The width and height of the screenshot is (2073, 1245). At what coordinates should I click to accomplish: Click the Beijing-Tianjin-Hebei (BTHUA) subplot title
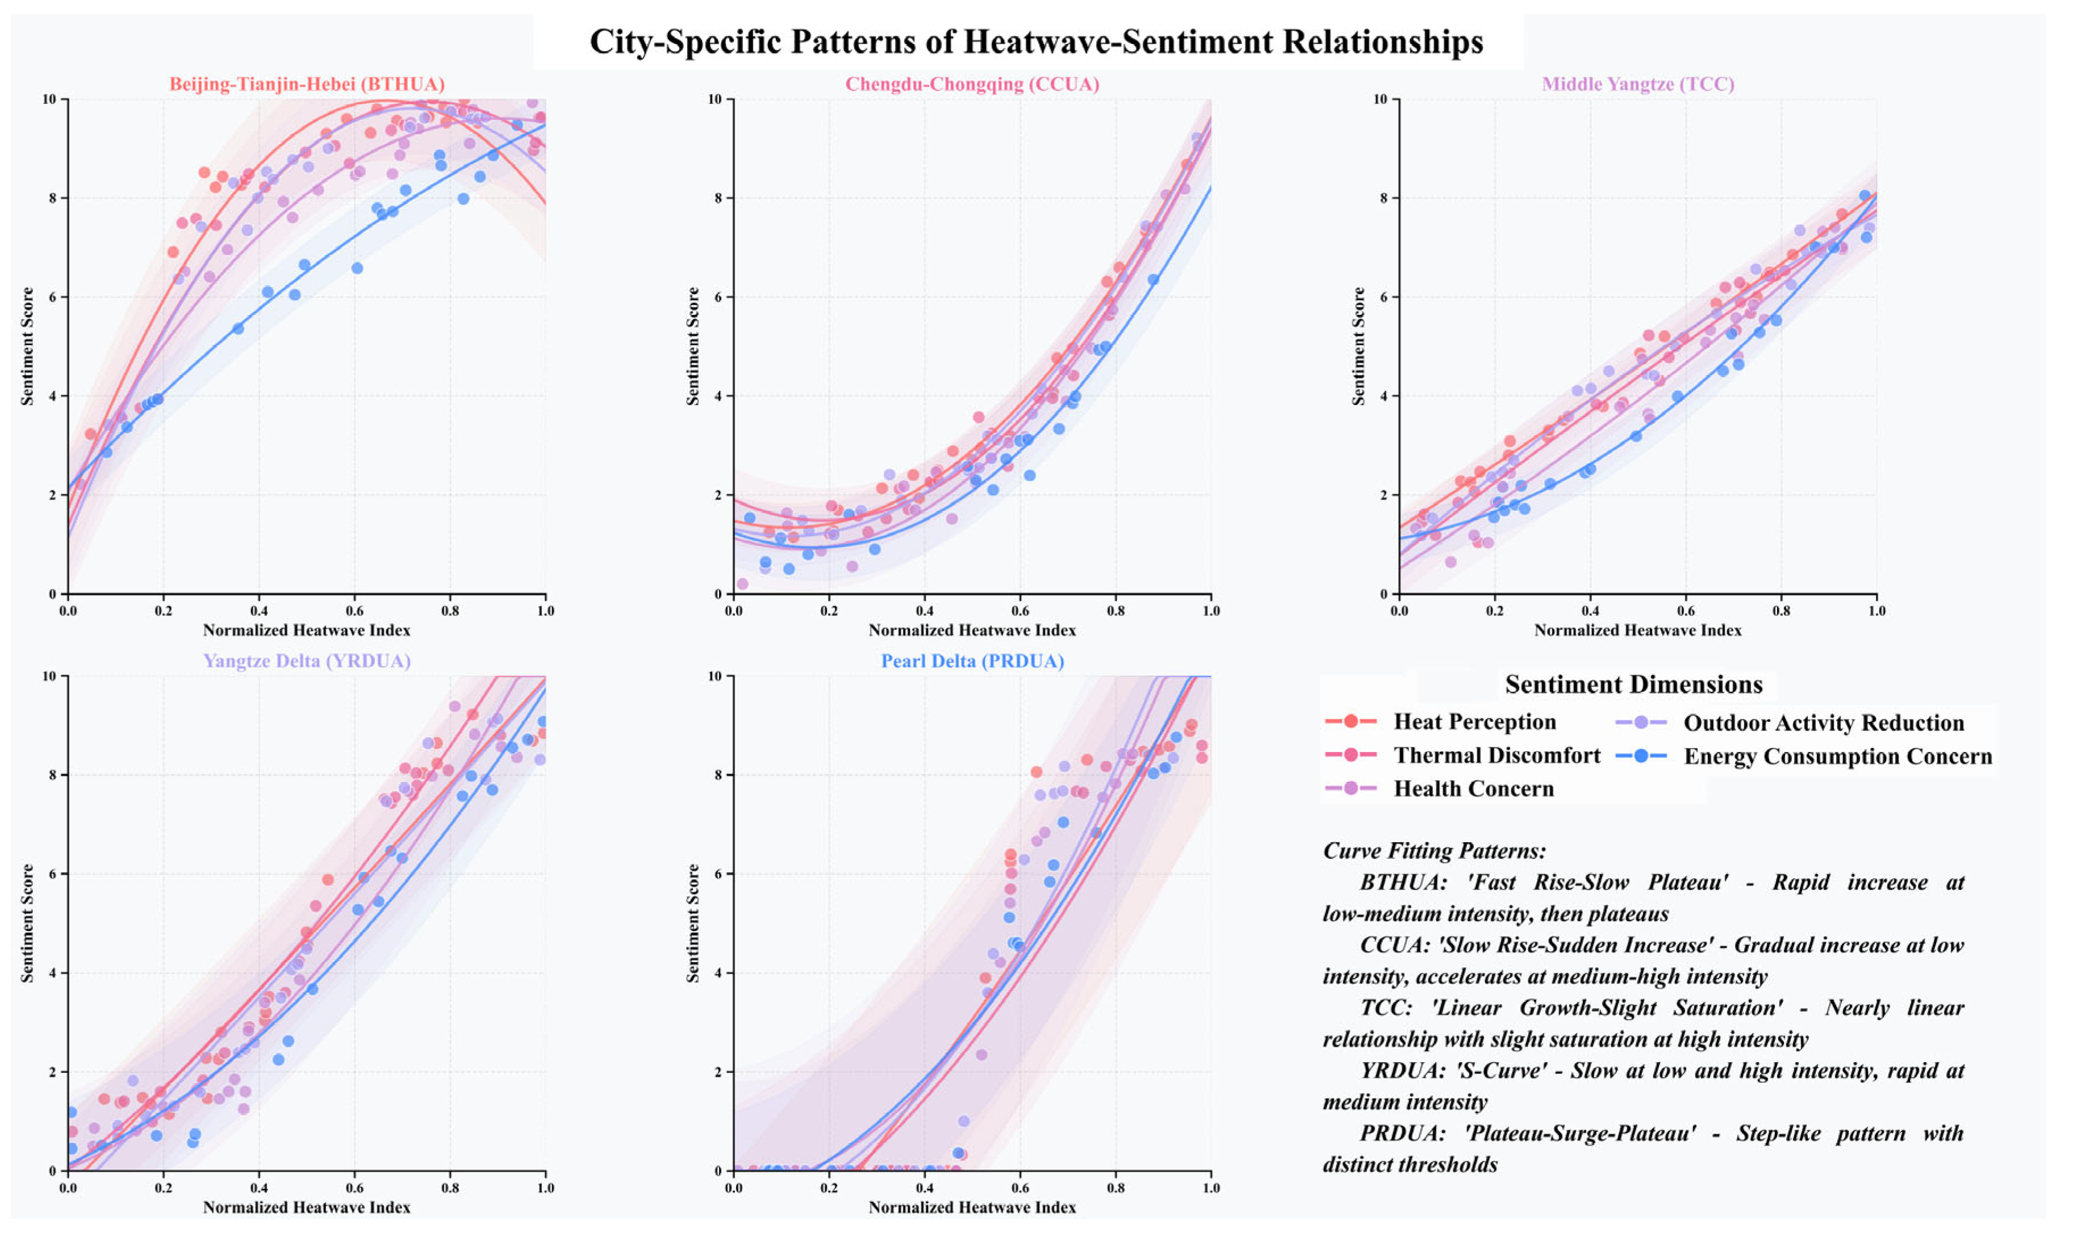[307, 84]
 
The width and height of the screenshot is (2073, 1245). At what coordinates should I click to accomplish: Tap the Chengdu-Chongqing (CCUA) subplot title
[972, 84]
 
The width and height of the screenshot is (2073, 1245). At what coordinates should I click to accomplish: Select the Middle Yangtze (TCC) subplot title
[1637, 84]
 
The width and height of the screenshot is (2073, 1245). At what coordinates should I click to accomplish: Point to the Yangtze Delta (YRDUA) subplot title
[307, 661]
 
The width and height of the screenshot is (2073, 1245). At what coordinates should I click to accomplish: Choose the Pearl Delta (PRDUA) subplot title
[972, 661]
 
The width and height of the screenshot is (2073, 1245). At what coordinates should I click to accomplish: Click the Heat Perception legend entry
[1473, 722]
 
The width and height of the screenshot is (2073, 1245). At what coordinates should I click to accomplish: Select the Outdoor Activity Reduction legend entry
[1823, 723]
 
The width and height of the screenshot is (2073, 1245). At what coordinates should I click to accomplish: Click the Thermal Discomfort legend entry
[1496, 756]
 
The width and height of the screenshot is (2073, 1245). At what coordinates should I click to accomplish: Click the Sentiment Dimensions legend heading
[1633, 684]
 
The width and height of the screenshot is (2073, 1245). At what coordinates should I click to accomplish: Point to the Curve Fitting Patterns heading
[1433, 851]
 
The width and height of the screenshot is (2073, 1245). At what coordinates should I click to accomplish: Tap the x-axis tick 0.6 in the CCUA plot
[1019, 611]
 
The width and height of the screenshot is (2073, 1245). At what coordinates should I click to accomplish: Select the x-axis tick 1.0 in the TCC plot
[1876, 611]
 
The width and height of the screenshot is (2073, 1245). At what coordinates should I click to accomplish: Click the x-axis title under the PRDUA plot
[972, 1208]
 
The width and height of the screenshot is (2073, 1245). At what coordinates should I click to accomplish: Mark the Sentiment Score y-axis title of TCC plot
[1358, 346]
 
